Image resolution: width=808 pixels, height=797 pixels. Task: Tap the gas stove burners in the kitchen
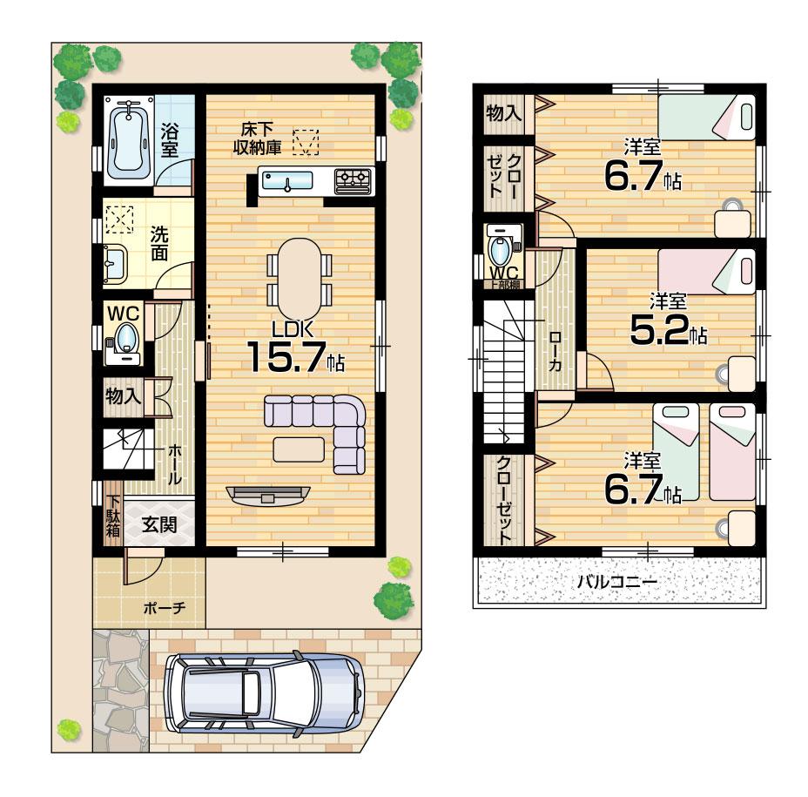click(x=353, y=179)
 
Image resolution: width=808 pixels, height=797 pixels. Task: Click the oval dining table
click(x=299, y=278)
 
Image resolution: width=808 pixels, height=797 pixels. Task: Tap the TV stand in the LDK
click(x=266, y=494)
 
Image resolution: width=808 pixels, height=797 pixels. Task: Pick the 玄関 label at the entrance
click(x=159, y=524)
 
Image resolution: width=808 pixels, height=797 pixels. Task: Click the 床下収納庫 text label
click(x=256, y=140)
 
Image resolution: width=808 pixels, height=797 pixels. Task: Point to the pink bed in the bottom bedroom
click(x=732, y=450)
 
